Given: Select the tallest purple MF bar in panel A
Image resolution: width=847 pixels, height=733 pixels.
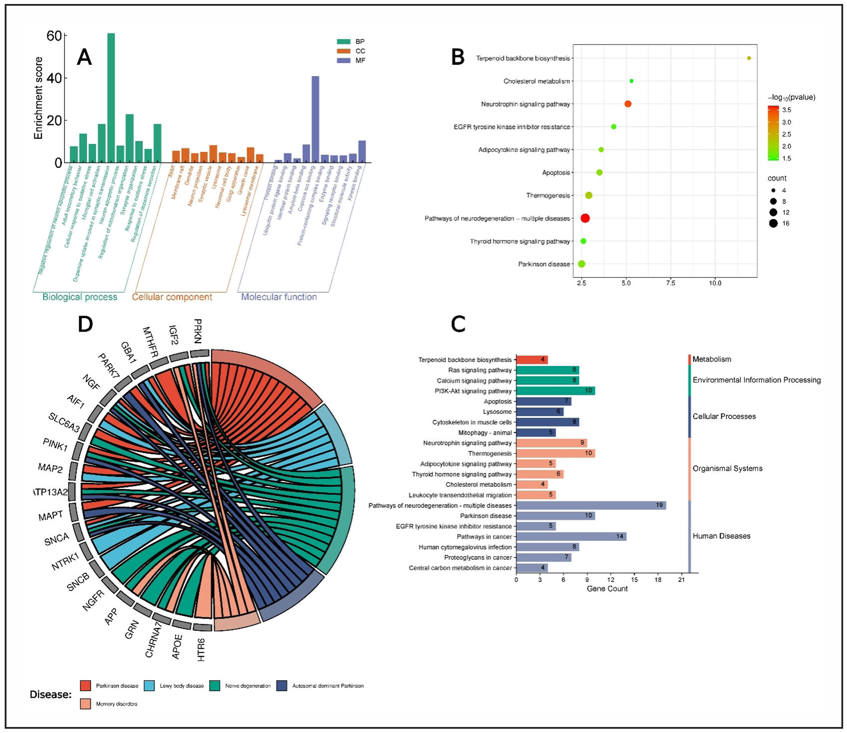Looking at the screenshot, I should [x=315, y=120].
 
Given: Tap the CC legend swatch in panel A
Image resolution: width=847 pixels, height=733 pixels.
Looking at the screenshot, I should [x=344, y=51].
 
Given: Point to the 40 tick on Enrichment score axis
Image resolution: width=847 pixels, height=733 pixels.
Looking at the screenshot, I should [x=54, y=78].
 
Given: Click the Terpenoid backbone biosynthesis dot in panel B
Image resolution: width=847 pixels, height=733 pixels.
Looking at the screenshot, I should [x=749, y=58].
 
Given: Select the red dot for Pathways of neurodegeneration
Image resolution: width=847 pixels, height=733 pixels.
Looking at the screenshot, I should [x=585, y=218].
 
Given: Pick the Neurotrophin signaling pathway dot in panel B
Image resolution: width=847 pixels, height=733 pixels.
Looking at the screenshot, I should [x=628, y=104].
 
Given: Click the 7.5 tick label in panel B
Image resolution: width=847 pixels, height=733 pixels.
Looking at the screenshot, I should [x=671, y=283].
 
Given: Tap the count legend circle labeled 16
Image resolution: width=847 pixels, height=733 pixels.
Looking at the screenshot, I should [x=773, y=224].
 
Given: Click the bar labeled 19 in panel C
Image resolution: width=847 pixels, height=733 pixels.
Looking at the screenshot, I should [x=591, y=505].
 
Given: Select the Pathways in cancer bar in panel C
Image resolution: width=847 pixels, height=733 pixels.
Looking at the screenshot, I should [x=571, y=536].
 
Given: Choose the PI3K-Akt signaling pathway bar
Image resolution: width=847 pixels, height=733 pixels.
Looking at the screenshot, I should [x=555, y=391].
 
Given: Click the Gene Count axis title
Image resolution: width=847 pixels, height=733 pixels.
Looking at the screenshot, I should [x=607, y=589].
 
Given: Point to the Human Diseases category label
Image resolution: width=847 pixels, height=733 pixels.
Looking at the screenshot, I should [x=721, y=536].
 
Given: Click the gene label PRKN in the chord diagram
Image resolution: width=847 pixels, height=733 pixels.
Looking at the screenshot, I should [x=198, y=331].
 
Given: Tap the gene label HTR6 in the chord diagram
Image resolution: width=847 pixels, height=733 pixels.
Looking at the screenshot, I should [x=201, y=649].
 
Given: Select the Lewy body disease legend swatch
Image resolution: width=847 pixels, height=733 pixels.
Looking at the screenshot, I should [x=149, y=686].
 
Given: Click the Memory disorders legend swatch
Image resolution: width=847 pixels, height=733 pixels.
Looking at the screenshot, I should [x=86, y=704].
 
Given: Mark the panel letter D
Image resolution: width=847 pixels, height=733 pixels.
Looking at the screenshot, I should [x=85, y=324].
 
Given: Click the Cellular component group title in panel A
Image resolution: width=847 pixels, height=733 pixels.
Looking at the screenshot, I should [x=172, y=297].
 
